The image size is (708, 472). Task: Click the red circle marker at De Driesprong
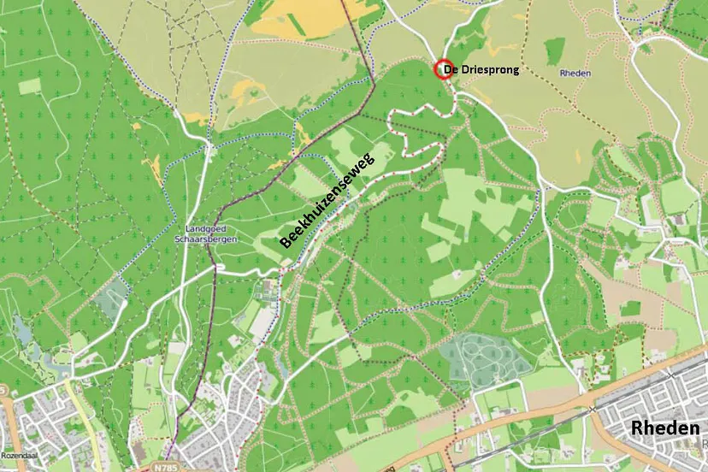[442, 70]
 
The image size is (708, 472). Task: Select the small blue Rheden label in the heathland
[575, 74]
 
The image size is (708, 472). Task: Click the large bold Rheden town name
[664, 428]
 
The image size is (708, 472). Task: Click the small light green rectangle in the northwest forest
[29, 86]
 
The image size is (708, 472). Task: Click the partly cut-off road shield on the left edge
[3, 391]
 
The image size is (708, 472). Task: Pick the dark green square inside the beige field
[630, 309]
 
